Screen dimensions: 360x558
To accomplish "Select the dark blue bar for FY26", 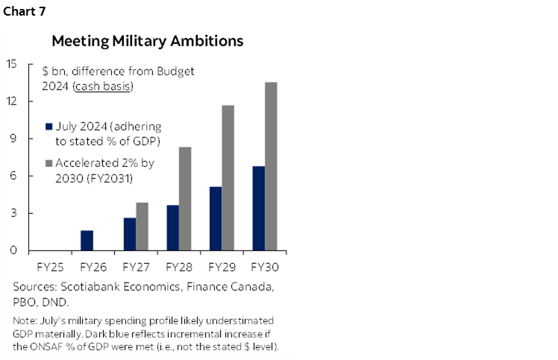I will click(x=87, y=241).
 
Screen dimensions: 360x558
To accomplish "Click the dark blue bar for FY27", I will click(x=130, y=234).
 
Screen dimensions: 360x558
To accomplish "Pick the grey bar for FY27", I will click(x=142, y=227).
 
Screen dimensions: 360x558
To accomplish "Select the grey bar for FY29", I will click(x=228, y=178).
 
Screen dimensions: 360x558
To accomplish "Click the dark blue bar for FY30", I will click(x=259, y=209).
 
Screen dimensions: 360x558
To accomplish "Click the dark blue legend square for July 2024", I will click(x=48, y=127).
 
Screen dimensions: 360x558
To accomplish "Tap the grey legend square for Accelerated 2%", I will click(x=48, y=162).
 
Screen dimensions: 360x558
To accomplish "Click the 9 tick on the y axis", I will click(x=14, y=139).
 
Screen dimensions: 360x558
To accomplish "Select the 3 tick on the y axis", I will click(x=14, y=214).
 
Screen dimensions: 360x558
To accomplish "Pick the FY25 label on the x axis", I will click(x=49, y=266).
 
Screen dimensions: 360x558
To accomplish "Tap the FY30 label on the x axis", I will click(x=265, y=266).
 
